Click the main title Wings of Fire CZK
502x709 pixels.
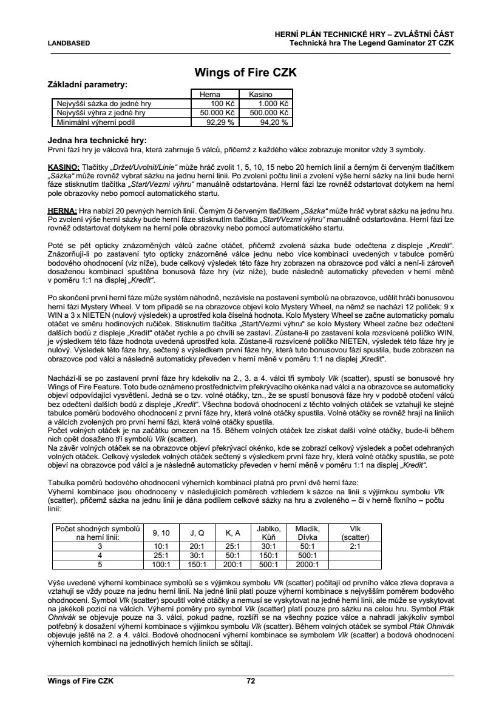245,72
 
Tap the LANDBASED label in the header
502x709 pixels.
69,43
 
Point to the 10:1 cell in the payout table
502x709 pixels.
161,546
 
